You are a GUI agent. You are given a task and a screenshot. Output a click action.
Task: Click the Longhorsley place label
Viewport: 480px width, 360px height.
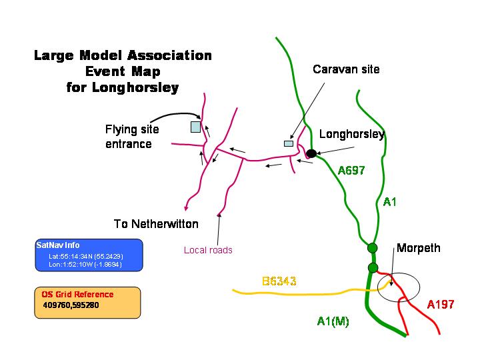click(x=351, y=134)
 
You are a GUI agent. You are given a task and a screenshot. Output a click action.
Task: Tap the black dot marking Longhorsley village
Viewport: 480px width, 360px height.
click(x=311, y=153)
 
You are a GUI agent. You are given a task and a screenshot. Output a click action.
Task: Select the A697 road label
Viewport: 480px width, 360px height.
click(x=351, y=170)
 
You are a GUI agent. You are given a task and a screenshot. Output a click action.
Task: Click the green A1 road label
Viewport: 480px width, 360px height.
click(x=390, y=201)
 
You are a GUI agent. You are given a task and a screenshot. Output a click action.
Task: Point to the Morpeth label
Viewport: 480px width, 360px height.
click(x=418, y=249)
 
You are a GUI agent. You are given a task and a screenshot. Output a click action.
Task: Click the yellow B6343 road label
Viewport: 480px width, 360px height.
click(x=279, y=282)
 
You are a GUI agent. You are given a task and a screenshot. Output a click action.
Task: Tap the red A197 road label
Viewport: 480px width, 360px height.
click(x=440, y=305)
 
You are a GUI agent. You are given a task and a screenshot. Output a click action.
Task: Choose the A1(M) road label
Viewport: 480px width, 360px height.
click(x=333, y=321)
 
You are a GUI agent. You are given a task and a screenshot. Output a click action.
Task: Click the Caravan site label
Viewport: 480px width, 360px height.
click(x=346, y=69)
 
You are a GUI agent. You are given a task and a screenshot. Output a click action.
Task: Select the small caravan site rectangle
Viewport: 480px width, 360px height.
click(x=289, y=143)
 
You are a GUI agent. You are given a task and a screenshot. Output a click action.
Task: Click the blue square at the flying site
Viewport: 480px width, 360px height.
click(x=195, y=127)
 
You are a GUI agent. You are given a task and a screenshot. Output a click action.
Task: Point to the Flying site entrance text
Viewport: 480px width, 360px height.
click(x=133, y=137)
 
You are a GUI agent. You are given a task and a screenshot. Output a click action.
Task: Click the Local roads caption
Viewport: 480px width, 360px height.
click(x=208, y=250)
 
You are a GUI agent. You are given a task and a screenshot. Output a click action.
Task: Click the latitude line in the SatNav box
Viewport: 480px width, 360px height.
click(x=86, y=256)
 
